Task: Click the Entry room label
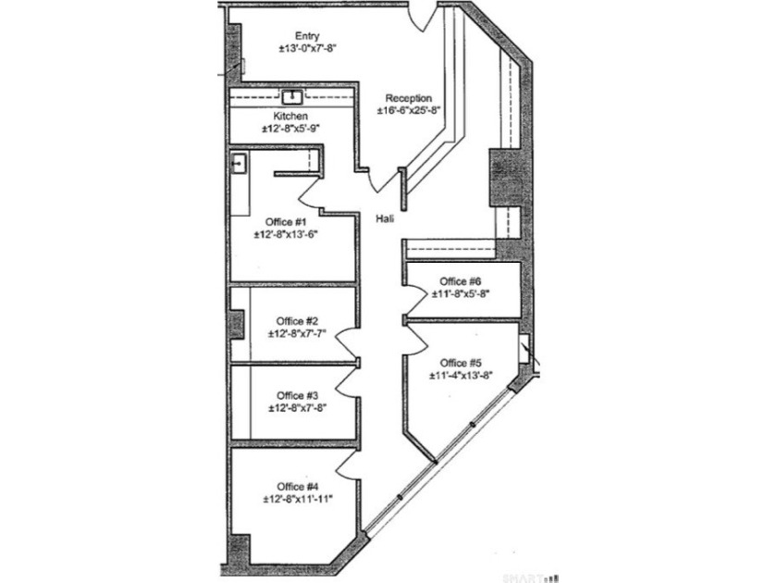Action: pos(307,36)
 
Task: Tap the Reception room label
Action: pos(408,98)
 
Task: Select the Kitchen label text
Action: pos(290,117)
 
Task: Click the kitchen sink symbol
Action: pos(292,94)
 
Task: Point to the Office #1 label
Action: pos(286,222)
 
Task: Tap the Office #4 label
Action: pos(297,487)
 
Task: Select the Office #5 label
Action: pos(461,363)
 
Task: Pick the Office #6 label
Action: pos(461,281)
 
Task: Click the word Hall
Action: pos(387,219)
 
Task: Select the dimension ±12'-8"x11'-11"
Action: pos(297,499)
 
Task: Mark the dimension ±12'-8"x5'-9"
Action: pos(290,129)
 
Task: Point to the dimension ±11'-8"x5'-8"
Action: pos(461,293)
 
